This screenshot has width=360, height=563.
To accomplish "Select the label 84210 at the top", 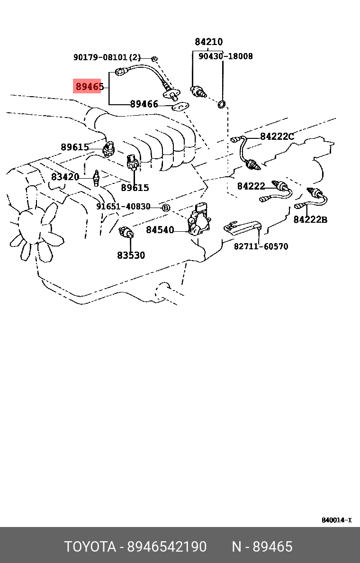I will tap(208, 42).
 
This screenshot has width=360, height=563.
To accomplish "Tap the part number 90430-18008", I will tap(225, 56).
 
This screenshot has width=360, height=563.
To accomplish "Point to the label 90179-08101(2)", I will tap(107, 57).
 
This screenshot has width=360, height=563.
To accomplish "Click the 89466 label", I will tap(144, 104).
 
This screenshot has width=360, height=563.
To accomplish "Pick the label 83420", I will tap(65, 177).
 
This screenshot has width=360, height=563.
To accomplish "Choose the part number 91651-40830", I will tap(123, 207).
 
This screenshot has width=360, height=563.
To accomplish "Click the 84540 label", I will tap(160, 230).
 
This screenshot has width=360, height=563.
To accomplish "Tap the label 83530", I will tap(131, 255).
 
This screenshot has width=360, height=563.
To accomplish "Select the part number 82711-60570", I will tap(261, 246).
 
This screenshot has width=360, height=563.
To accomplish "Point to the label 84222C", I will tap(277, 137).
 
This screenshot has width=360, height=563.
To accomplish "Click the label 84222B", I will tap(310, 219).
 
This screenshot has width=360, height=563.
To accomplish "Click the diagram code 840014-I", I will tap(336, 520).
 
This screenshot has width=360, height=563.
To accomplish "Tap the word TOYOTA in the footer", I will tap(90, 547).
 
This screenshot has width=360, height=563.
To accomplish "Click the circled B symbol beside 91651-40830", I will tap(166, 208).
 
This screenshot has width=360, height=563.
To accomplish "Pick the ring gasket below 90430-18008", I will tap(222, 104).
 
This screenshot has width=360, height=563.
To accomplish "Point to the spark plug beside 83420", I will tap(96, 178).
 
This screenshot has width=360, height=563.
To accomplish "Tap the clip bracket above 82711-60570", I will tap(242, 226).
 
